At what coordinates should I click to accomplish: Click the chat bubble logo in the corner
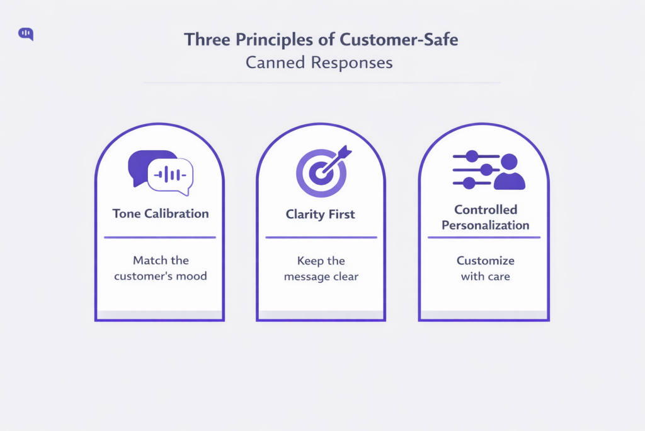(x=26, y=34)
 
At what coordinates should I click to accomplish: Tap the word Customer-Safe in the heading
(x=399, y=40)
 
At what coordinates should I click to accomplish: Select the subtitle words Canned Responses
(x=319, y=63)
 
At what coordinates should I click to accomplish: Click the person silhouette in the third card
(x=509, y=172)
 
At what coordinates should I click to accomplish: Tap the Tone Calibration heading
(x=161, y=213)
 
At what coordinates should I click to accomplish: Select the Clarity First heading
(x=321, y=214)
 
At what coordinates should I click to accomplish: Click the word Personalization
(x=485, y=225)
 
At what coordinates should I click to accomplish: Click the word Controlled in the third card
(x=486, y=210)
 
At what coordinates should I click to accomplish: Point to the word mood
(x=193, y=276)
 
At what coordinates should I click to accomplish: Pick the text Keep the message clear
(x=321, y=268)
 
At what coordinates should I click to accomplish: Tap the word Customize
(x=485, y=260)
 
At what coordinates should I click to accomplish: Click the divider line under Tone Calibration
(x=160, y=237)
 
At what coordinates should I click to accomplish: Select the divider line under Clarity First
(x=321, y=237)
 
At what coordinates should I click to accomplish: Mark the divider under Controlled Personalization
(x=484, y=237)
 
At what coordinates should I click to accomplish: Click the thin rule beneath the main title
(x=322, y=83)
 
